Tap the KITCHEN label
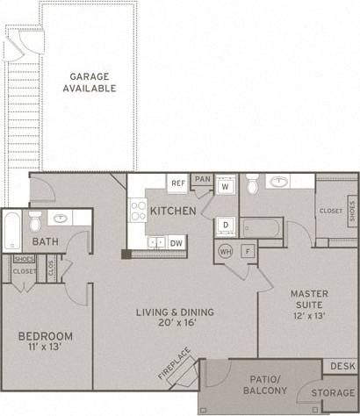point(171,212)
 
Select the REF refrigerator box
point(178,183)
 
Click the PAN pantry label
point(203,178)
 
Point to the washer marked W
point(225,187)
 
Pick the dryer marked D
point(225,226)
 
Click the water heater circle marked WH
point(226,252)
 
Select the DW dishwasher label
point(176,242)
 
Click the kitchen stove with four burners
point(138,210)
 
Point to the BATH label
point(46,241)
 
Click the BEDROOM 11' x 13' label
point(45,341)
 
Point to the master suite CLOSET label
point(330,211)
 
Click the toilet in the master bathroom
point(252,186)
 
